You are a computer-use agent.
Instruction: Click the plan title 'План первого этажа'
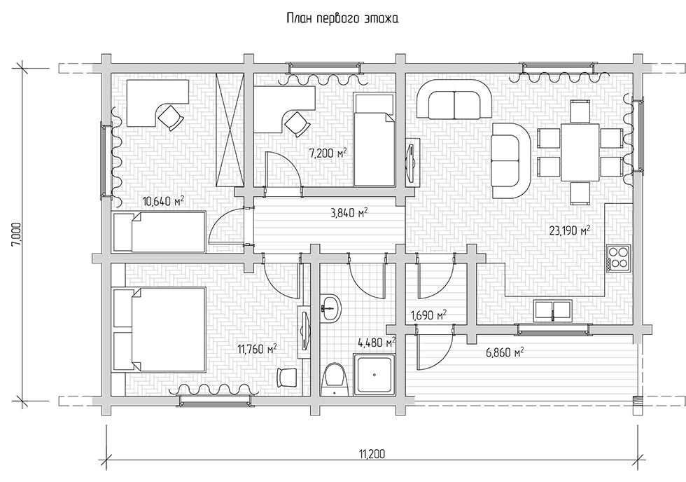point(342,18)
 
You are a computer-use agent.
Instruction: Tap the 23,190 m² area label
point(570,230)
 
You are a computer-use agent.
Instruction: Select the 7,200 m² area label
point(328,153)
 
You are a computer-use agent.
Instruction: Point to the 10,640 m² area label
point(163,201)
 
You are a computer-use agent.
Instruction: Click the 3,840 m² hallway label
point(348,213)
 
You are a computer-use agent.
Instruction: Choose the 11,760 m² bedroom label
point(257,349)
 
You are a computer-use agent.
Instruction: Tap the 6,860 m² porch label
point(505,352)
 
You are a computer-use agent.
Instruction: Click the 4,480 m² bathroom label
point(377,342)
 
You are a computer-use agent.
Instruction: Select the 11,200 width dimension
point(372,454)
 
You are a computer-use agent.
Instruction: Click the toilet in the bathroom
point(335,379)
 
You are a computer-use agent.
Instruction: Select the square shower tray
point(375,374)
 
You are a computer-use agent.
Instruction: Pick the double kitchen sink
point(553,309)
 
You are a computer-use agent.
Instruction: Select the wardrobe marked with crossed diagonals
point(230,130)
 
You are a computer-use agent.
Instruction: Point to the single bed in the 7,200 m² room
point(374,139)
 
